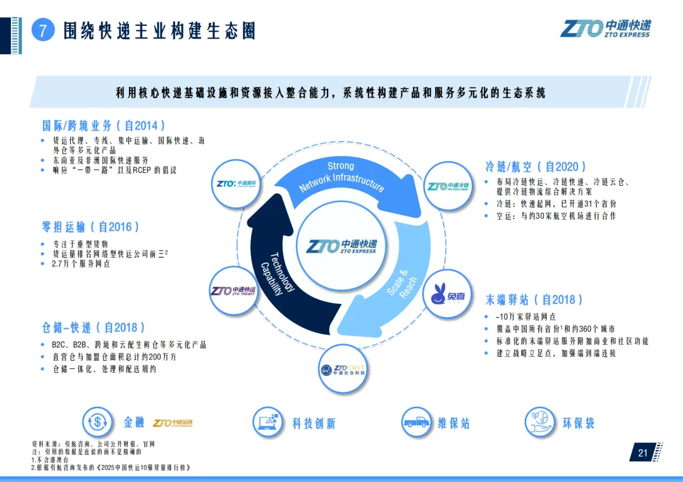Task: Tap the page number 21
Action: pyautogui.click(x=643, y=452)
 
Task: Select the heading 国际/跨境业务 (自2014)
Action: pyautogui.click(x=104, y=126)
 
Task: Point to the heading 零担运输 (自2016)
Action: pyautogui.click(x=90, y=226)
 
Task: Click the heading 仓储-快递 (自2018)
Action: pyautogui.click(x=94, y=327)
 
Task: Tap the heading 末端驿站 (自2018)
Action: pyautogui.click(x=534, y=299)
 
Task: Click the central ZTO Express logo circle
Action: pyautogui.click(x=341, y=246)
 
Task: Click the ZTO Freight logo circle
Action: pyautogui.click(x=232, y=291)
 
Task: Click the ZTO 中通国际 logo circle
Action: pyautogui.click(x=235, y=184)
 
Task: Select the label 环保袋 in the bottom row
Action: pyautogui.click(x=578, y=423)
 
